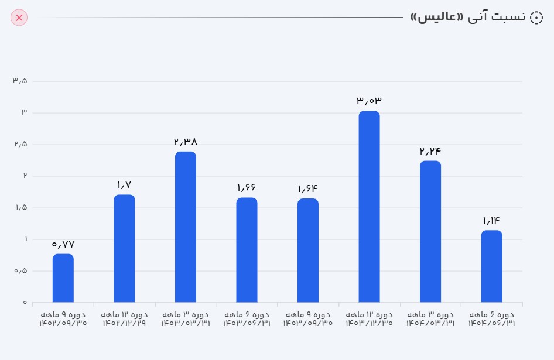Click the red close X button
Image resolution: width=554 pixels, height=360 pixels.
(x=19, y=18)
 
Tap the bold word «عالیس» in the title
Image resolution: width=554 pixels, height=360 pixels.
(x=436, y=18)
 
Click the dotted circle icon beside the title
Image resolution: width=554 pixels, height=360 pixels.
(x=536, y=18)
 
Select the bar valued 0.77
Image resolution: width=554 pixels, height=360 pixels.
(x=63, y=278)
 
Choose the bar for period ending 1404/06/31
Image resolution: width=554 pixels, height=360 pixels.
(x=491, y=266)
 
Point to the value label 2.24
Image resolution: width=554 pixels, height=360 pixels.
(x=430, y=151)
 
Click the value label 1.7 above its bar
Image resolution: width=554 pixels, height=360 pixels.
(x=124, y=185)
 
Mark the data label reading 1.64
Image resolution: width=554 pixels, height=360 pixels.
(x=307, y=188)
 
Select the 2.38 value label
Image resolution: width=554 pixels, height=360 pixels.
(x=186, y=142)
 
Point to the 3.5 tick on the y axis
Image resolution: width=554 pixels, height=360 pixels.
(x=20, y=81)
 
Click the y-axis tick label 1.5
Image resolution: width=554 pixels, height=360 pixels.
(x=20, y=208)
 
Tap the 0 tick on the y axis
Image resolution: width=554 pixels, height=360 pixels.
(x=25, y=303)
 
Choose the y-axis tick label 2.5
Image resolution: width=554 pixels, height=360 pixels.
(x=20, y=144)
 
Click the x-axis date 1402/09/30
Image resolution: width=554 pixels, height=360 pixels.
(x=63, y=323)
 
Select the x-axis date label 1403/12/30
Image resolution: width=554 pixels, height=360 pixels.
(x=369, y=323)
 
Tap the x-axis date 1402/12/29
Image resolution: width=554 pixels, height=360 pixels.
(x=124, y=323)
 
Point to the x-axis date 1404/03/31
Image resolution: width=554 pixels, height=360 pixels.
(x=430, y=323)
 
